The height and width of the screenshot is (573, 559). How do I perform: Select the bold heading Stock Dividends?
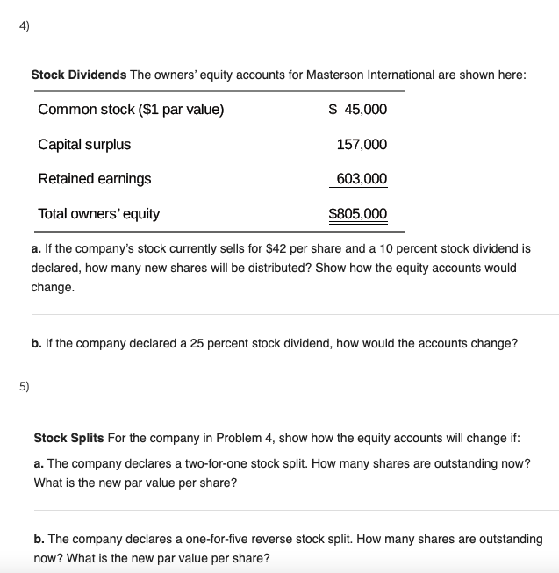click(x=79, y=75)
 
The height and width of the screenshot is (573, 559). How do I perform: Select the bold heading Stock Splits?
click(x=68, y=437)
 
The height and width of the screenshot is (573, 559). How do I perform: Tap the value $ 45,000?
click(x=357, y=110)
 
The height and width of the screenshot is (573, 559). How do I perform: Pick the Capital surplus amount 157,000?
click(x=362, y=144)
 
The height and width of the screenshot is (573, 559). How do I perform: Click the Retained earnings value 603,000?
click(x=361, y=178)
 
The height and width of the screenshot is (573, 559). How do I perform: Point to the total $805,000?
click(x=357, y=213)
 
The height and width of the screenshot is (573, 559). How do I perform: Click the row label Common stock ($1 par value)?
click(x=131, y=110)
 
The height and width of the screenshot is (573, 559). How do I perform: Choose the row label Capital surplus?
click(x=84, y=144)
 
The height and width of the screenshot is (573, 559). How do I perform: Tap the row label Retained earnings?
click(x=94, y=178)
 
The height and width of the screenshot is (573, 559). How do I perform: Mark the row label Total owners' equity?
click(x=98, y=213)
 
